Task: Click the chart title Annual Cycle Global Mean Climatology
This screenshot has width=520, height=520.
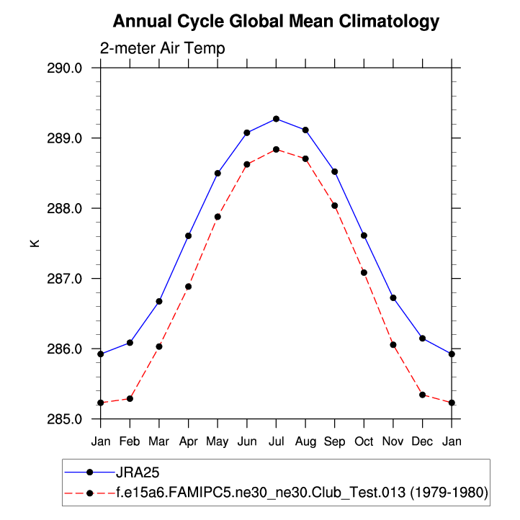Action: [276, 22]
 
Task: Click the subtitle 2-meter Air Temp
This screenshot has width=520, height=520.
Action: [162, 49]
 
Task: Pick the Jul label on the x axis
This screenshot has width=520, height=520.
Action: [276, 440]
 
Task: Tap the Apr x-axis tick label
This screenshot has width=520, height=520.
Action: [188, 440]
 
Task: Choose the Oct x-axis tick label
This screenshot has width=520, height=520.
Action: [364, 440]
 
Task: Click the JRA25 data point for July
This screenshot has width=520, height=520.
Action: [276, 119]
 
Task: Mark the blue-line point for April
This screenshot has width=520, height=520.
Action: [188, 236]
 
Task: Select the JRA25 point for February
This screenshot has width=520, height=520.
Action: [130, 343]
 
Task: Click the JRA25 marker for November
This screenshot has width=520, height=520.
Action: [393, 298]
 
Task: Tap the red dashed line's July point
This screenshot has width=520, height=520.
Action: [276, 150]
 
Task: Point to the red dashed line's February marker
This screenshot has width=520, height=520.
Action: [130, 398]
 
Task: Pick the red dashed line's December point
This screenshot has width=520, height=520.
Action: [422, 395]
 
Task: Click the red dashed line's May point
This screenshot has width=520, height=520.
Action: [218, 217]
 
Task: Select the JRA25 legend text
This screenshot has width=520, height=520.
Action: [137, 472]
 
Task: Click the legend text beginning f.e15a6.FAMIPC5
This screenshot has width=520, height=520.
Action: [302, 493]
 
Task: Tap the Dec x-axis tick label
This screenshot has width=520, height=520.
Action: [422, 440]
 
